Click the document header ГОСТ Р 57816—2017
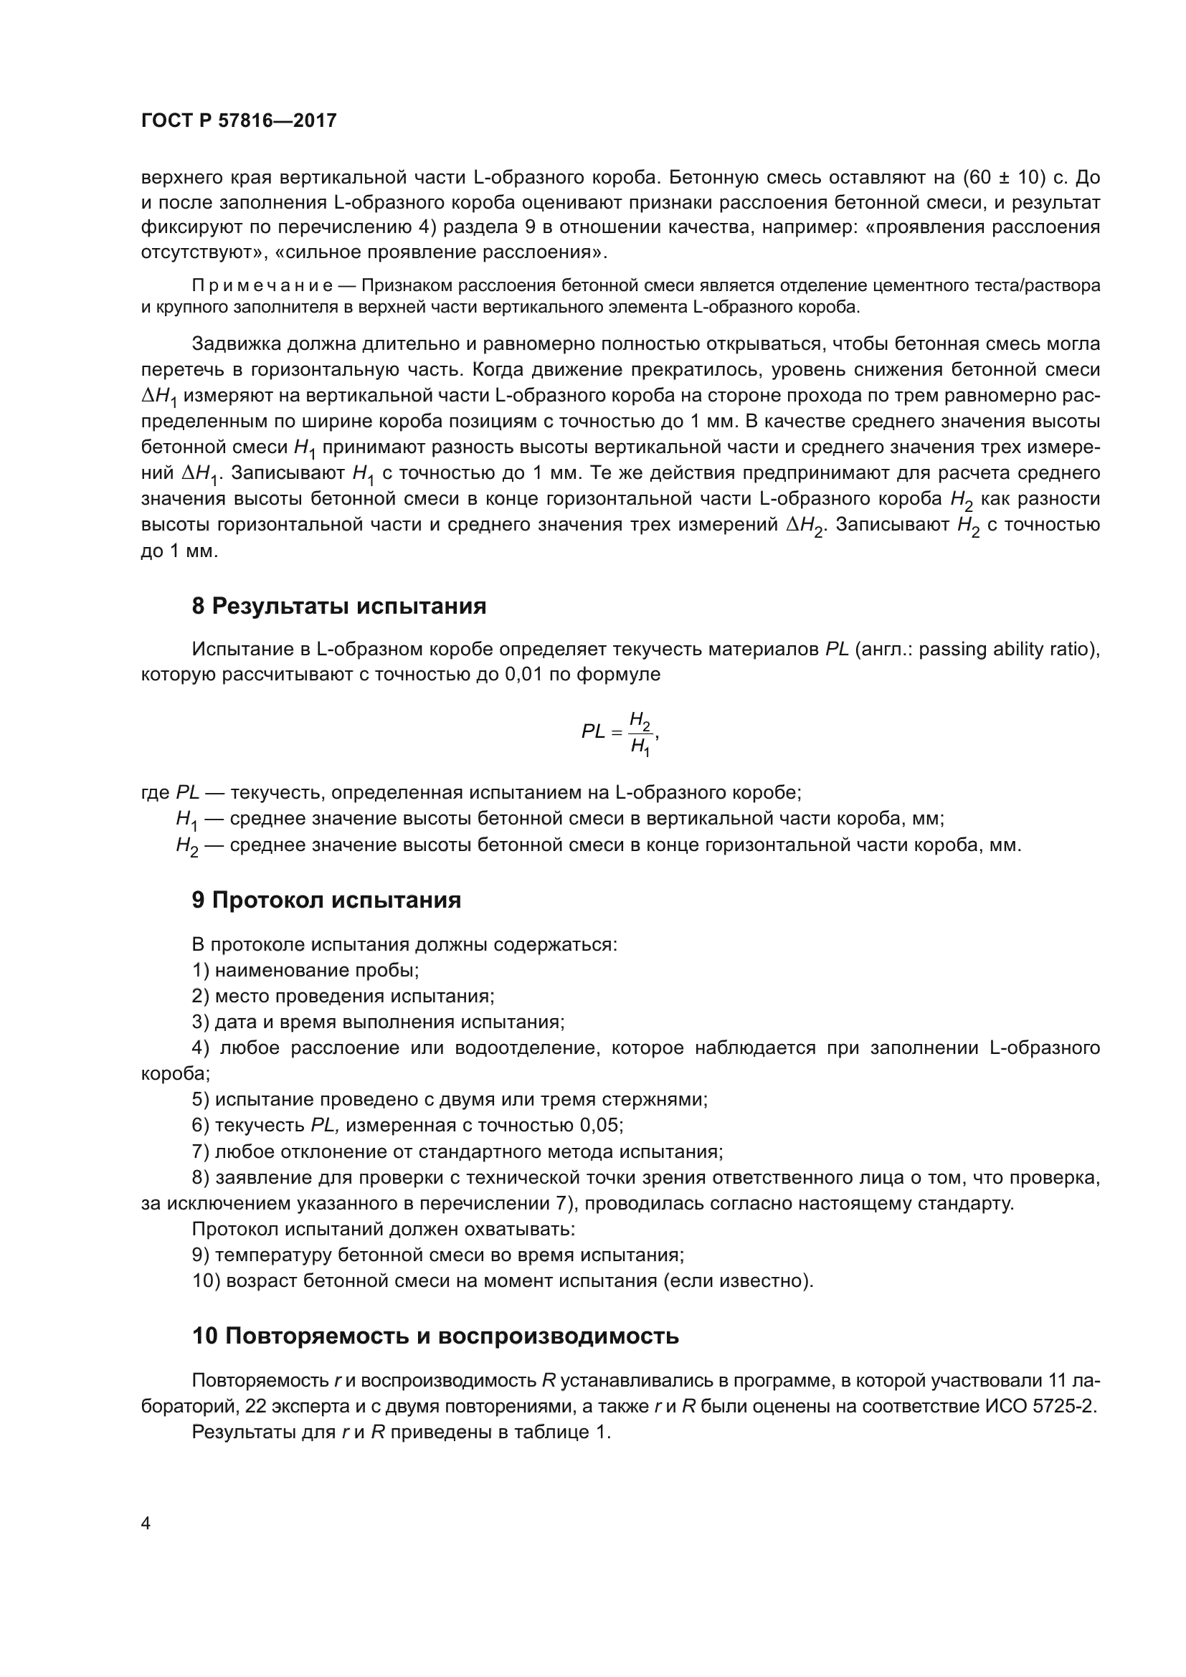(x=239, y=120)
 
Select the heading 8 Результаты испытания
(x=339, y=607)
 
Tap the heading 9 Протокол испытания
(x=326, y=900)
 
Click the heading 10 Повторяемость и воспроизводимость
(x=435, y=1336)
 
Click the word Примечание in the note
(x=262, y=285)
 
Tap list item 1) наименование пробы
(x=305, y=971)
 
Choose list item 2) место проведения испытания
(x=343, y=997)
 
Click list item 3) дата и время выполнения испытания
(x=379, y=1022)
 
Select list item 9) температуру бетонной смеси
(x=438, y=1255)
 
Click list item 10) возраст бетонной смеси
(x=503, y=1281)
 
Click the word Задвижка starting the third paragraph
(x=235, y=343)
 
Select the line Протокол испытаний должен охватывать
(x=384, y=1229)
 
